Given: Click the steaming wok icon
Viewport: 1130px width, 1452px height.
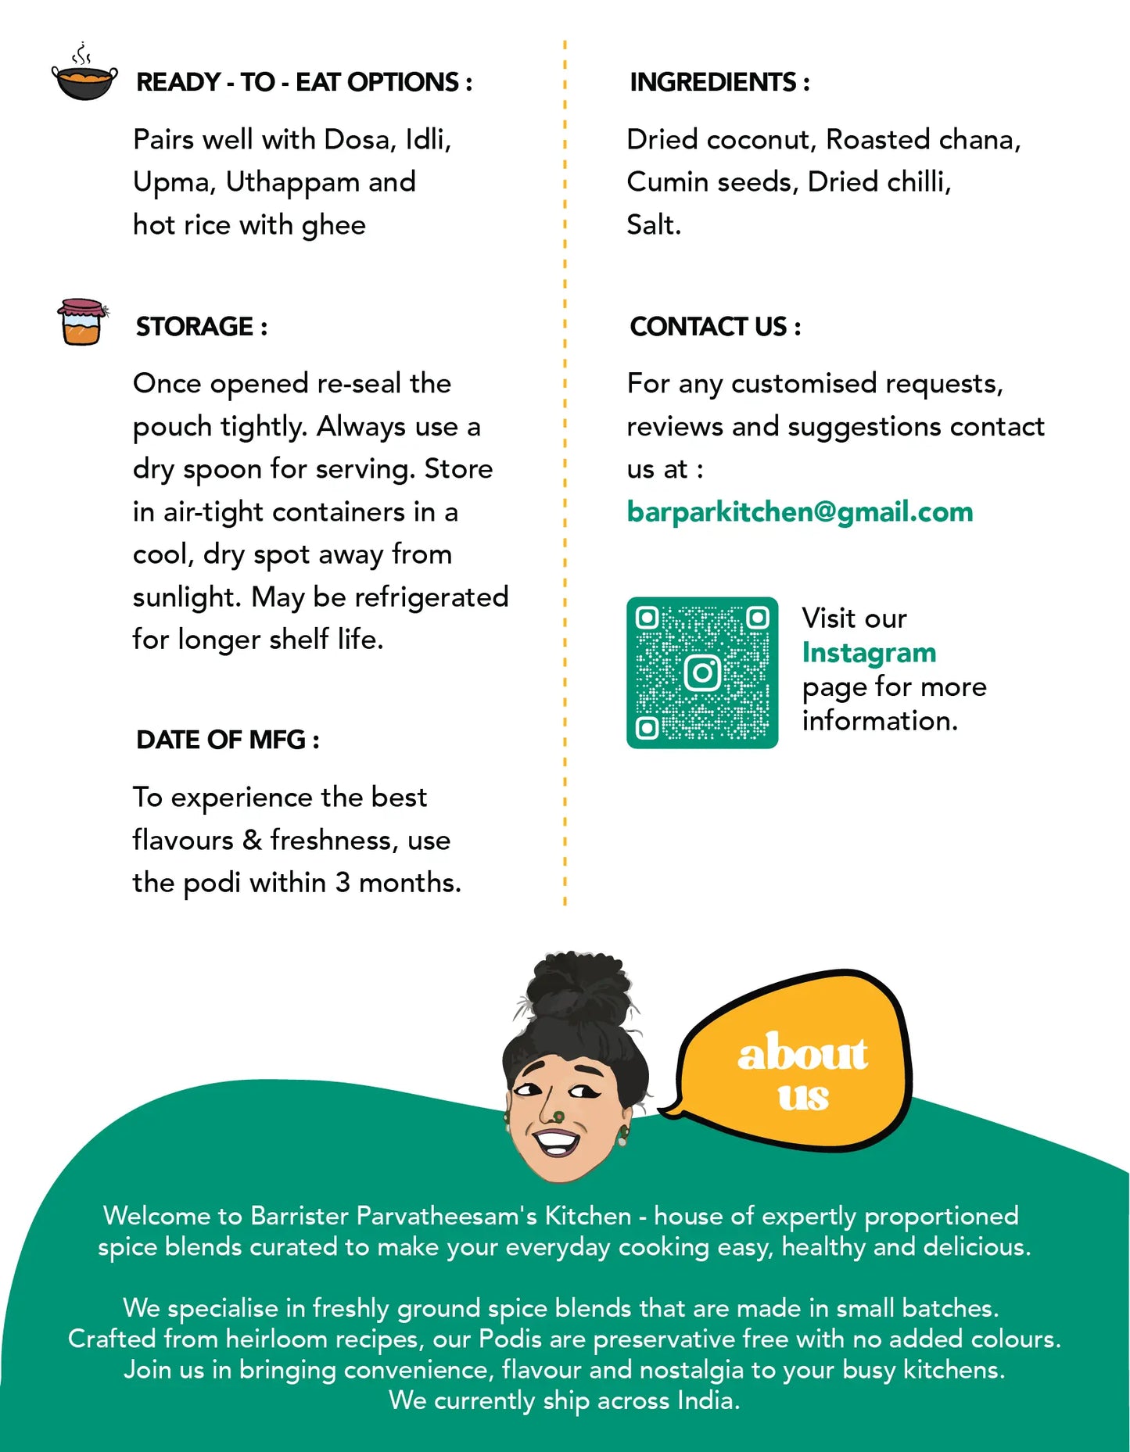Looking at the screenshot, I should (84, 77).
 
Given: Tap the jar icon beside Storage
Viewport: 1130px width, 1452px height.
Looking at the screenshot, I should (81, 321).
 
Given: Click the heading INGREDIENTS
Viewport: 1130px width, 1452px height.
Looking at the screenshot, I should (719, 82).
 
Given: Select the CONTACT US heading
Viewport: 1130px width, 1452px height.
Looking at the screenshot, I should (715, 327).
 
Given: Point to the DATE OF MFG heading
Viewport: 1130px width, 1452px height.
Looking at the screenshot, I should (227, 740).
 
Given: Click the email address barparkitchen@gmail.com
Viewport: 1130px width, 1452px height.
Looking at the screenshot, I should (799, 512).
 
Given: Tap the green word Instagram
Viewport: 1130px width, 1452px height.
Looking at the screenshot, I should (868, 653).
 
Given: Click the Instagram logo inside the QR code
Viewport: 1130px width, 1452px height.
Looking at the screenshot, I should (702, 672).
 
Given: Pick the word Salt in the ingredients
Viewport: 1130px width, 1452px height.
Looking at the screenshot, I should (653, 225).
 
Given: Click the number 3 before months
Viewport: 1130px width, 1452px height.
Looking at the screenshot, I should (343, 883).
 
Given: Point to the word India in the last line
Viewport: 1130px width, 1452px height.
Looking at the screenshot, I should (708, 1400).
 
